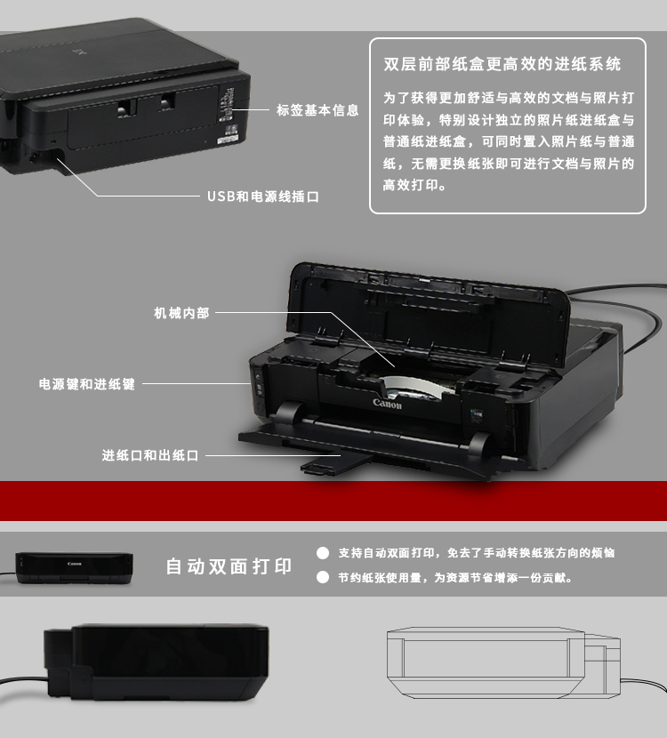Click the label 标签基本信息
pyautogui.click(x=317, y=110)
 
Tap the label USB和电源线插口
pyautogui.click(x=263, y=197)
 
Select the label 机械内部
pyautogui.click(x=181, y=313)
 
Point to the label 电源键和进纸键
pyautogui.click(x=87, y=384)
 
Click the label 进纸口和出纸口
pyautogui.click(x=150, y=455)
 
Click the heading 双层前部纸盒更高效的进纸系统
pyautogui.click(x=502, y=64)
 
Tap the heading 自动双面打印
pyautogui.click(x=229, y=566)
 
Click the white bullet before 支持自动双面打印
pyautogui.click(x=323, y=553)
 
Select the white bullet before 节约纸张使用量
pyautogui.click(x=323, y=577)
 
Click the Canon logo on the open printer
pyautogui.click(x=388, y=404)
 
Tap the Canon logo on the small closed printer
pyautogui.click(x=75, y=564)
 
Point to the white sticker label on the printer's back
pyautogui.click(x=228, y=140)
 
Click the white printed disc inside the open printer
pyautogui.click(x=413, y=387)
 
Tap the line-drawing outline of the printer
pyautogui.click(x=503, y=662)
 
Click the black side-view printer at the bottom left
pyautogui.click(x=157, y=662)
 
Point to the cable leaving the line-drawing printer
pyautogui.click(x=644, y=684)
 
